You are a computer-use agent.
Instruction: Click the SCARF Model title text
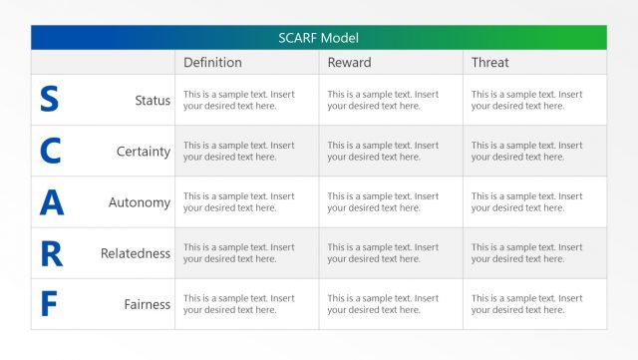(x=318, y=38)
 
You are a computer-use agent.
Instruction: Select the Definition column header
(x=212, y=63)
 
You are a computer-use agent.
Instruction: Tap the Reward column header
(x=349, y=63)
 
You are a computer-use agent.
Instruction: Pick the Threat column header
(x=489, y=63)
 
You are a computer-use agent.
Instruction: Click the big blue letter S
(x=49, y=100)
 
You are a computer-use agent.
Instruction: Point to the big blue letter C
(x=50, y=151)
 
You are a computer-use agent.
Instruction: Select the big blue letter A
(x=51, y=202)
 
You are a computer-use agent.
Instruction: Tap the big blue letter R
(x=51, y=253)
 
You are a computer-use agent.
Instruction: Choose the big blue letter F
(x=50, y=304)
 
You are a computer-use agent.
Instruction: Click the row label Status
(x=153, y=101)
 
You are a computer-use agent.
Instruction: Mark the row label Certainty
(x=144, y=152)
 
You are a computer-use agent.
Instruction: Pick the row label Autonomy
(x=140, y=202)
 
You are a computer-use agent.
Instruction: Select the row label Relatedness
(x=136, y=253)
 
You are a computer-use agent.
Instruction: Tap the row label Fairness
(x=148, y=304)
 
